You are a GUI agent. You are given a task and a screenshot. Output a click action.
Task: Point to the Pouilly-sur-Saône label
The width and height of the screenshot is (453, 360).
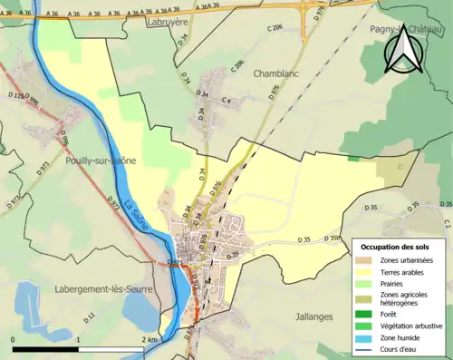pyautogui.click(x=101, y=160)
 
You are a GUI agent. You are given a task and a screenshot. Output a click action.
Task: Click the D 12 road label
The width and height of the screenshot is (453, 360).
pyautogui.click(x=90, y=316)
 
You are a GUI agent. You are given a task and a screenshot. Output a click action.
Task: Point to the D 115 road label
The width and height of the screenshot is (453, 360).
pyautogui.click(x=17, y=95)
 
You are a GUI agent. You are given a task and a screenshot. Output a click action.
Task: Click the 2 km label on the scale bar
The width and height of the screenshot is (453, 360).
pyautogui.click(x=149, y=338)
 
